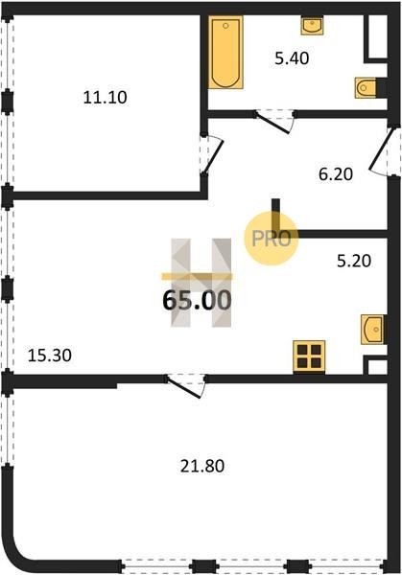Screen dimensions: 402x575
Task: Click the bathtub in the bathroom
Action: point(225,53)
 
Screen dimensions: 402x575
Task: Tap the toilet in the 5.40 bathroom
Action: point(366,88)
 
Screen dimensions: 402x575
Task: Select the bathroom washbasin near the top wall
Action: point(313,26)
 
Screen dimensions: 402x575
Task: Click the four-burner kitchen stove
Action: point(309,357)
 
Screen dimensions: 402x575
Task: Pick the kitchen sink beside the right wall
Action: point(372,330)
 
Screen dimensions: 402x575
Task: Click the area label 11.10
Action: point(105,98)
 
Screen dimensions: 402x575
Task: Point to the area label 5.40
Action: point(292,58)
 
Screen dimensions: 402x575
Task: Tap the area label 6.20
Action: point(336,173)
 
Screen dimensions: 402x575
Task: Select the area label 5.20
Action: point(354,261)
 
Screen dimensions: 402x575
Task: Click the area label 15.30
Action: point(50,356)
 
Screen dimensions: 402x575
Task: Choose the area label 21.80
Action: point(202,466)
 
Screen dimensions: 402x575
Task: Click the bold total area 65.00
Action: point(197,300)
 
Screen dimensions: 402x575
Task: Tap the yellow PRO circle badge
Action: point(272,239)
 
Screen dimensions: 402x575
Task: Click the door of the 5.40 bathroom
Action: point(273,122)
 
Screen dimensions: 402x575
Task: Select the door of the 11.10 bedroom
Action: point(212,154)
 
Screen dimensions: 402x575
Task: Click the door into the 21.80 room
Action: point(185,386)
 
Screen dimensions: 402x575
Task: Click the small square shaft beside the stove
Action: point(375,365)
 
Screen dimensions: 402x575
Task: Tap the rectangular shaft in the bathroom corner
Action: point(376,37)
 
